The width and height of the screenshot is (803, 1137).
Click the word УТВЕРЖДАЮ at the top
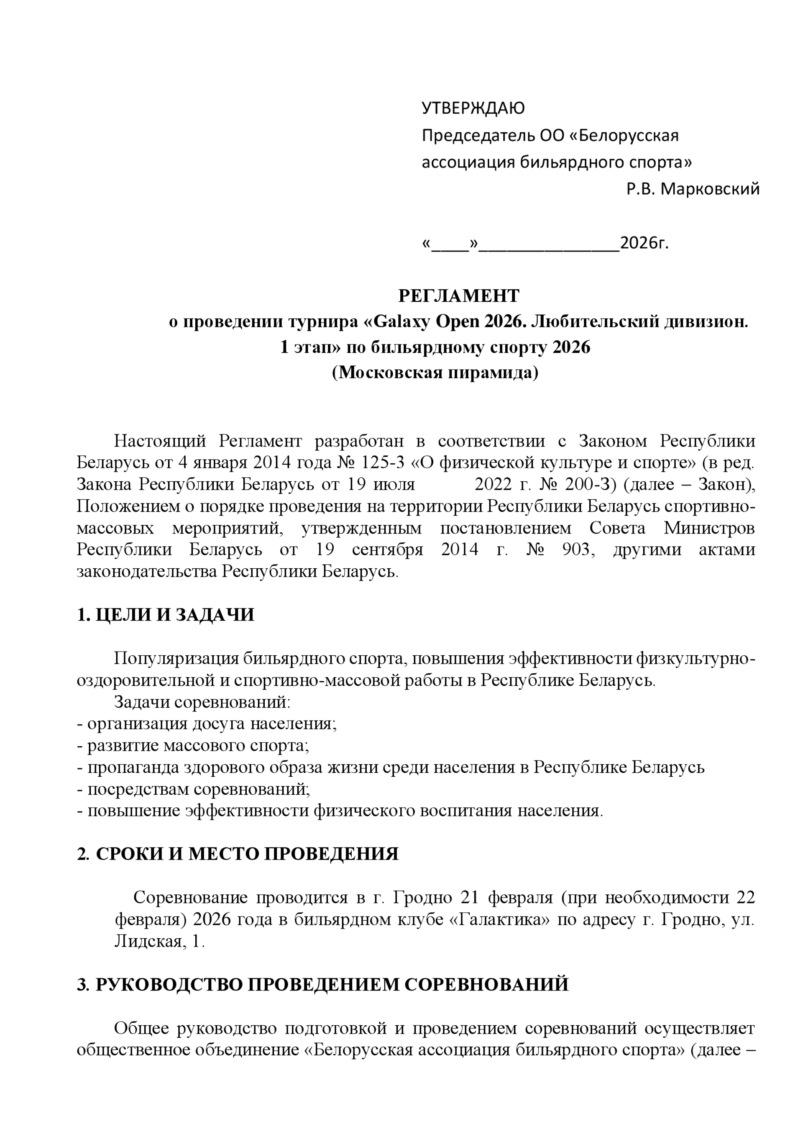click(473, 108)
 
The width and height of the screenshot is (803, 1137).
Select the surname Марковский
click(710, 189)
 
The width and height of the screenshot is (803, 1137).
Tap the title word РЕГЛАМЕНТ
click(459, 296)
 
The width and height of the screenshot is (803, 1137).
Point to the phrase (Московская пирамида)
click(435, 372)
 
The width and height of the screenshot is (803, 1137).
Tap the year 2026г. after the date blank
click(644, 243)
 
